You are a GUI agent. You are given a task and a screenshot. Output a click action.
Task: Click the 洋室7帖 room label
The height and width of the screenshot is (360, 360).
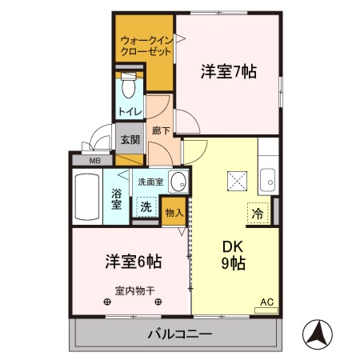[x=228, y=71]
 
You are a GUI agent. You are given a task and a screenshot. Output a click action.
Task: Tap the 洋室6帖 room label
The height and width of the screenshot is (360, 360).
[x=133, y=262]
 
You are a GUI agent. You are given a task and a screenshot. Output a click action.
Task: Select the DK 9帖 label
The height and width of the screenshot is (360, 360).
[x=233, y=254]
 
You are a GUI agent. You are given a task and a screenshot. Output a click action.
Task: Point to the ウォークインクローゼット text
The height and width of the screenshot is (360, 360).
[x=145, y=45]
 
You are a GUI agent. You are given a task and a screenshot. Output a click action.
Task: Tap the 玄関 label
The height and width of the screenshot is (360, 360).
[x=129, y=138]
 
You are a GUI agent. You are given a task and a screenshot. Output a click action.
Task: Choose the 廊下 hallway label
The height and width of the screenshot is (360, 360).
[x=159, y=130]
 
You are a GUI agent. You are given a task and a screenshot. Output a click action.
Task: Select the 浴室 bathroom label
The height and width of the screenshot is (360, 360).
[x=117, y=199]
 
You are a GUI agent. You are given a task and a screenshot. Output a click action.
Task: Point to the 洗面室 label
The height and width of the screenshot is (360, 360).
[x=150, y=182]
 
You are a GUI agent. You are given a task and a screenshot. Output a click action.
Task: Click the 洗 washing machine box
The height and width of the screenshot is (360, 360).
[x=146, y=206]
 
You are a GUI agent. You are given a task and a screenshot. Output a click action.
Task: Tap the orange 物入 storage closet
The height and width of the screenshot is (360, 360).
[x=174, y=213]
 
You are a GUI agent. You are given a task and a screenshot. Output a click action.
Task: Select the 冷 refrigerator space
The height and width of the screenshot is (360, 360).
[x=258, y=214]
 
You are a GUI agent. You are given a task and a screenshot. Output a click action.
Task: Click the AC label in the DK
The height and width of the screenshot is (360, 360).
[x=266, y=302]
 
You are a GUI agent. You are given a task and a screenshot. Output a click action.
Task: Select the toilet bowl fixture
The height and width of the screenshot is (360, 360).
[x=128, y=86]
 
